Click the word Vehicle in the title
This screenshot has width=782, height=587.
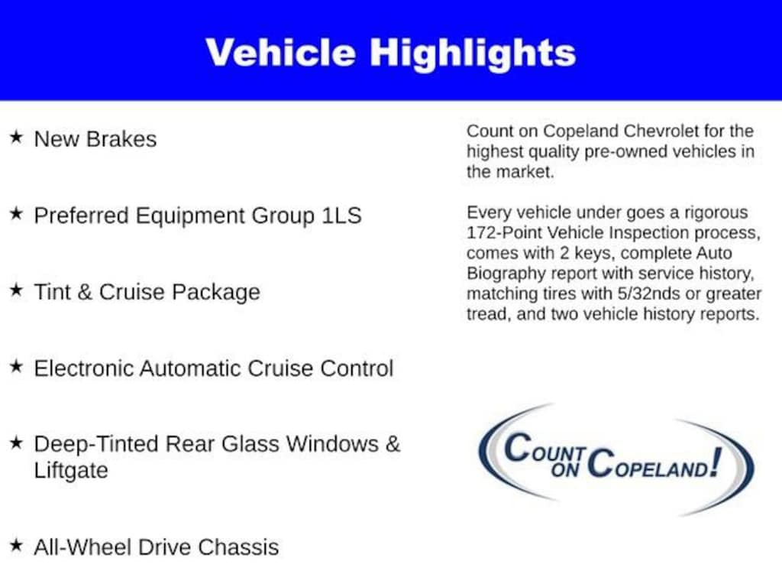(x=280, y=52)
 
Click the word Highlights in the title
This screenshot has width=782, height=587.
(x=473, y=52)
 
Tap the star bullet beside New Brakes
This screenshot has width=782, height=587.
(x=16, y=138)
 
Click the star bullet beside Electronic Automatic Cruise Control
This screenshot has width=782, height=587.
(x=16, y=367)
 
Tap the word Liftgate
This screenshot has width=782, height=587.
(x=71, y=471)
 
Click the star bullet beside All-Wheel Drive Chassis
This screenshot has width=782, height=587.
(x=16, y=546)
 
